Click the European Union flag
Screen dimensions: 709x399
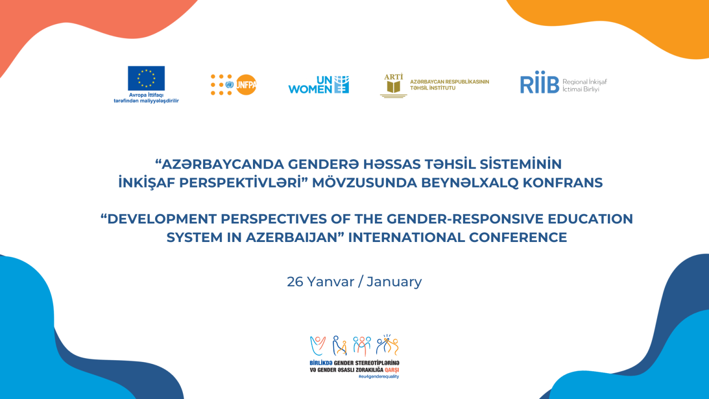(146, 78)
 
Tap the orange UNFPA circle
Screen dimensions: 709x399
(246, 85)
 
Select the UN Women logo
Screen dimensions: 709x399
(318, 85)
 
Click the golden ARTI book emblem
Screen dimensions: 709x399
(393, 86)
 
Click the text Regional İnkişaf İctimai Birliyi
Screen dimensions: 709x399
(585, 85)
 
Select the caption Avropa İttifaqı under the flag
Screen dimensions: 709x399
(146, 95)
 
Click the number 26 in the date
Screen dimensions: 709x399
(295, 282)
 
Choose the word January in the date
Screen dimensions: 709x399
(394, 282)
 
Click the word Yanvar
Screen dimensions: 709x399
(331, 282)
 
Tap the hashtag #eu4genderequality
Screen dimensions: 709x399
(379, 376)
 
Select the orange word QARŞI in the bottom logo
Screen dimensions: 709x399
(391, 370)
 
